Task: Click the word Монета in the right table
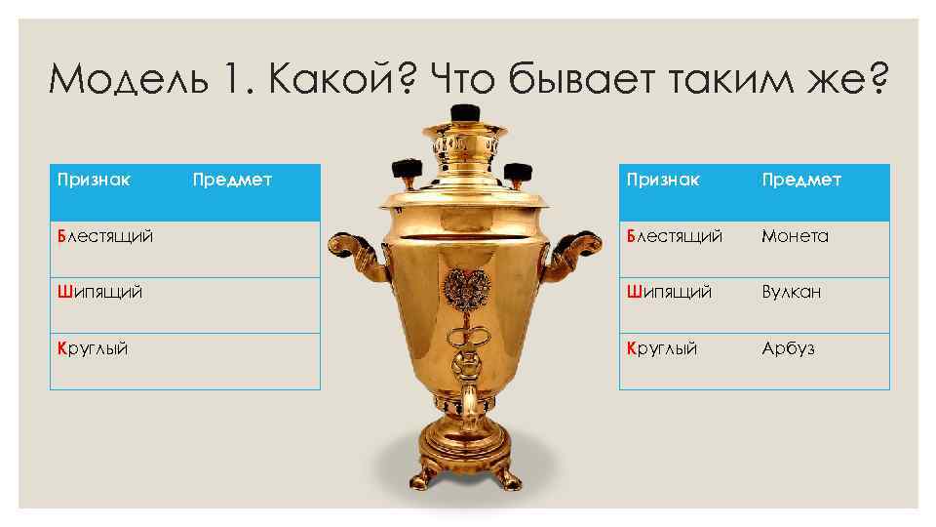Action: (x=795, y=236)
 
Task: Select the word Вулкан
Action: (x=791, y=292)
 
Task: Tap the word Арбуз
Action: (x=788, y=348)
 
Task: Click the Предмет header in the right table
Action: (x=800, y=180)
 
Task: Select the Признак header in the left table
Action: (x=94, y=180)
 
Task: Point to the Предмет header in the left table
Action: (x=232, y=180)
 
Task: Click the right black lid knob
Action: (x=517, y=172)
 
